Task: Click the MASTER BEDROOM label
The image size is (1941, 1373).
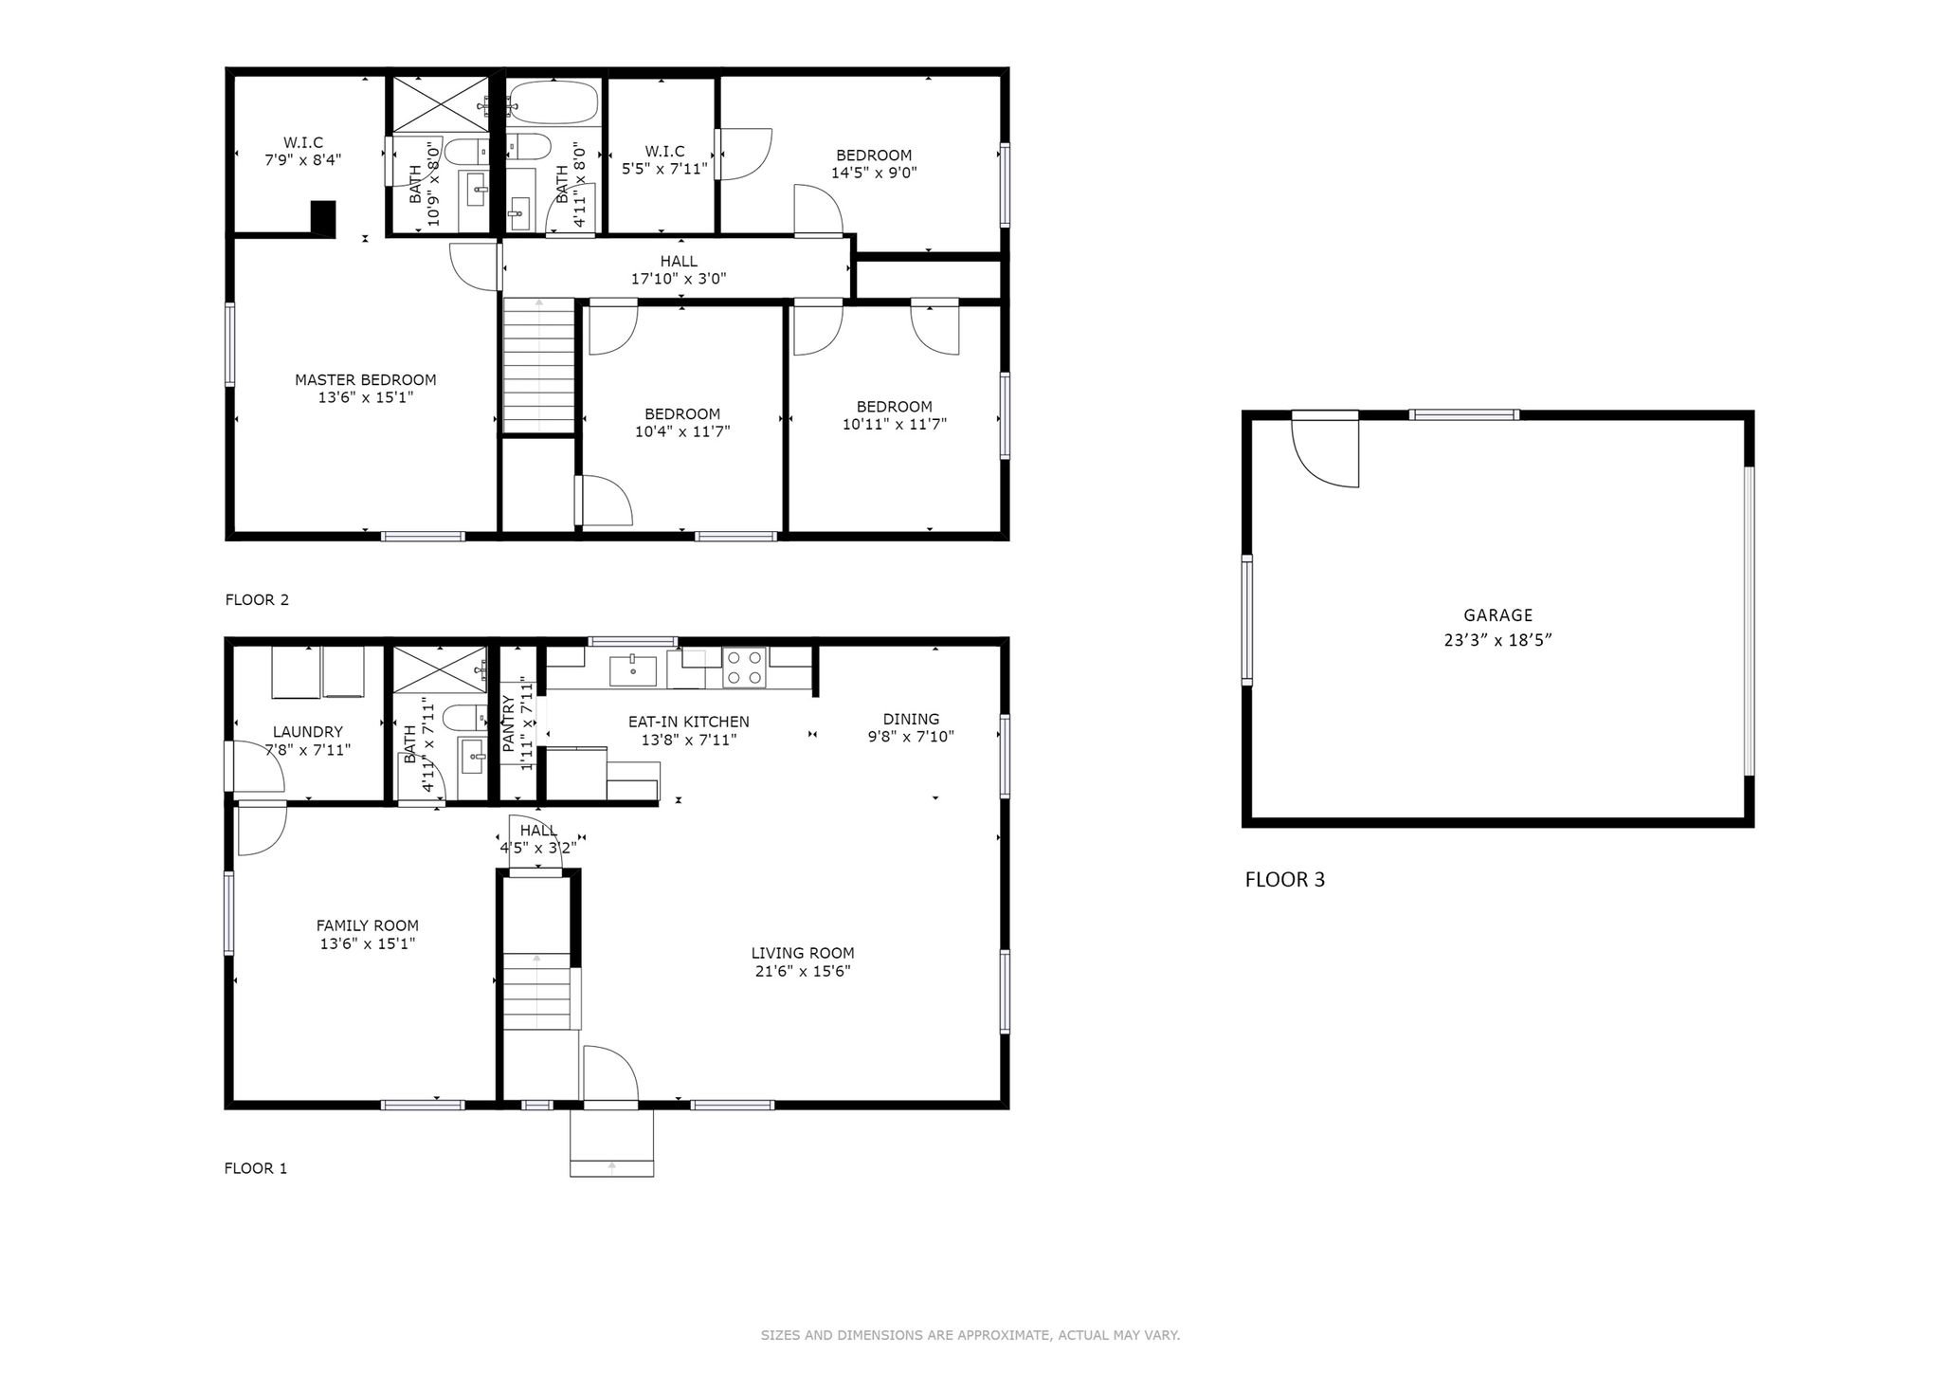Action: pos(365,380)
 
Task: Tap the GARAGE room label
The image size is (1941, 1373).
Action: pos(1497,615)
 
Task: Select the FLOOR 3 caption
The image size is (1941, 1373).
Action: pos(1285,879)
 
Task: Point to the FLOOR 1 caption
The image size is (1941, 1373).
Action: pos(256,1168)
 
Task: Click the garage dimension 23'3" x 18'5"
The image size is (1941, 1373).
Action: pos(1497,640)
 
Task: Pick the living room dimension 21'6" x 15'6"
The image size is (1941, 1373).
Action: pos(803,971)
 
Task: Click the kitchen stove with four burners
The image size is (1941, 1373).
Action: pos(744,667)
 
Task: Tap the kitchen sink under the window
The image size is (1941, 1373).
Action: pos(632,669)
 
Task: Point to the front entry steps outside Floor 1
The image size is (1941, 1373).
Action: pos(611,1143)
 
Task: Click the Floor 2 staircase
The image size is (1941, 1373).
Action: pos(538,365)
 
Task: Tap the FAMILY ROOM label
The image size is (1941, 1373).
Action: pos(368,925)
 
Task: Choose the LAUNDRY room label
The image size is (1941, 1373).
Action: pos(308,732)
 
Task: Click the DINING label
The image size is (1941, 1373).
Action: pos(911,719)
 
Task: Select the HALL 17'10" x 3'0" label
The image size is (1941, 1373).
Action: pos(679,270)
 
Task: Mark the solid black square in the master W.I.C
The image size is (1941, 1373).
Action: pos(323,218)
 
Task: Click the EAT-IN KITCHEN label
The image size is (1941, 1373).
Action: pos(689,722)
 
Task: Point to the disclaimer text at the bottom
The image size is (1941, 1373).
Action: pos(970,1335)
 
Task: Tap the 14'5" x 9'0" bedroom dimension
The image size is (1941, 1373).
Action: pos(874,173)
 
